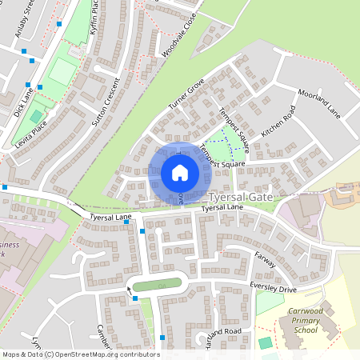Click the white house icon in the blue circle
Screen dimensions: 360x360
point(179,172)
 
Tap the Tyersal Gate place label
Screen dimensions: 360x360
point(240,196)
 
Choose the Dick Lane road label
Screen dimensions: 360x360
point(24,101)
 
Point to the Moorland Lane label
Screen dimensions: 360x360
point(318,103)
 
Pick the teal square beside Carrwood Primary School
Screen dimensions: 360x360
point(266,342)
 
